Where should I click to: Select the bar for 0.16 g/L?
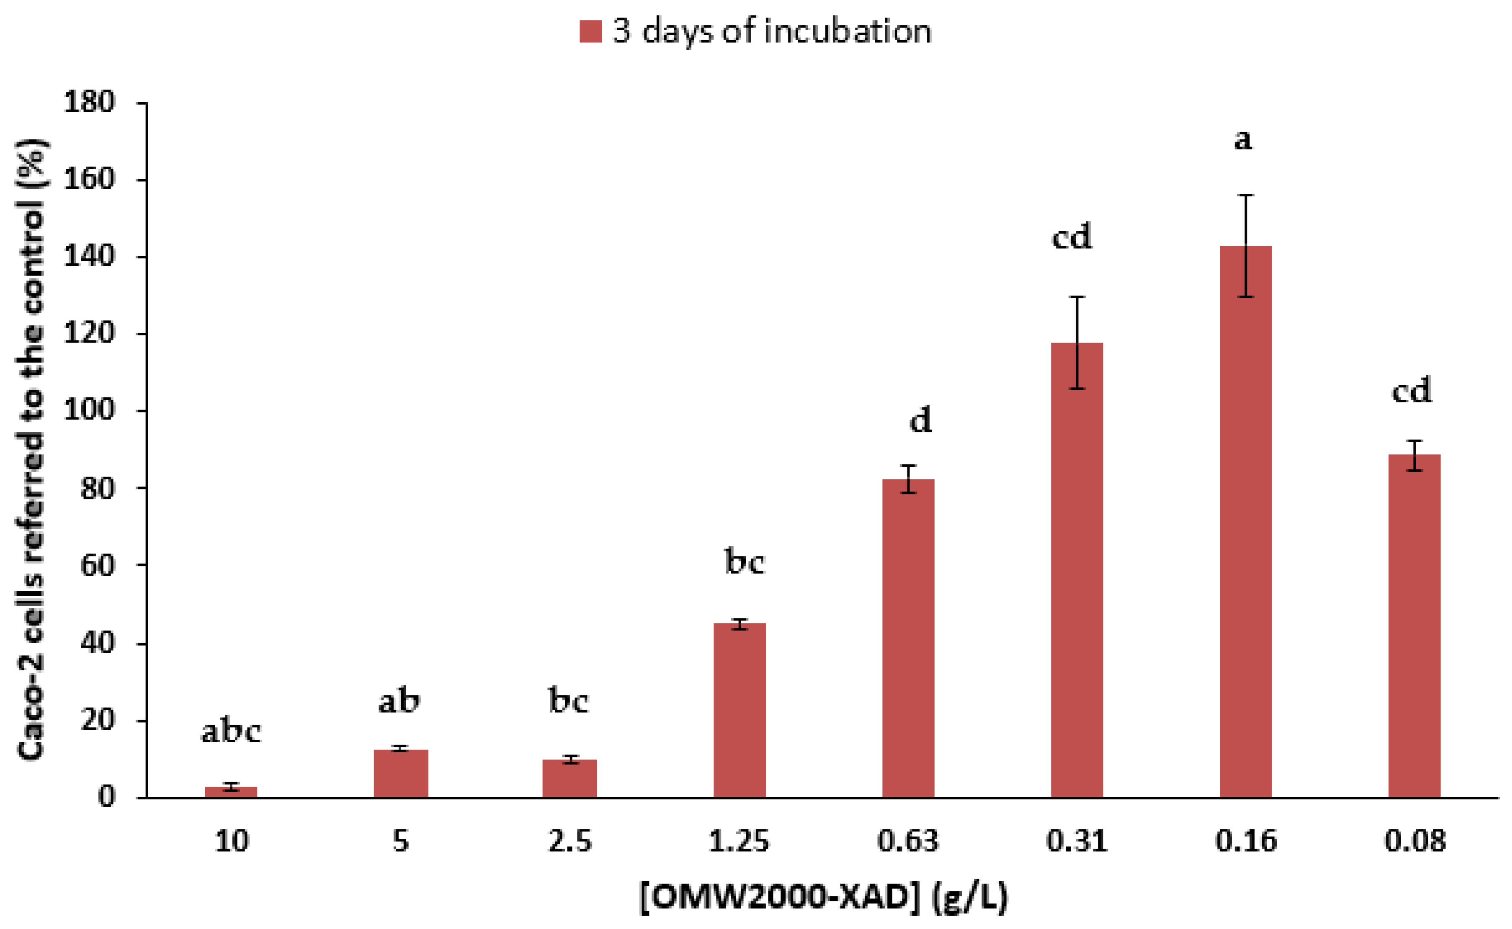(1245, 522)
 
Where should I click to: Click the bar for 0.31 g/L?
(1077, 571)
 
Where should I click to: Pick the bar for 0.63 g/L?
(908, 639)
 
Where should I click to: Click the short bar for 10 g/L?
(231, 792)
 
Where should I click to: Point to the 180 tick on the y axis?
(89, 102)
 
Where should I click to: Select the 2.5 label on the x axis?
(569, 841)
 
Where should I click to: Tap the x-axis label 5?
(401, 841)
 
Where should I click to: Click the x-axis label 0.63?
(908, 841)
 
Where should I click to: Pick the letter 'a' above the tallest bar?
(1243, 140)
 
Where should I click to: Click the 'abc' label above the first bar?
(231, 731)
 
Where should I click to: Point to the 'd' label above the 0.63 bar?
(920, 421)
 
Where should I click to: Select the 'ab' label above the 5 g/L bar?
(399, 701)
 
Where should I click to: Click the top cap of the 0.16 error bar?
(1245, 196)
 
